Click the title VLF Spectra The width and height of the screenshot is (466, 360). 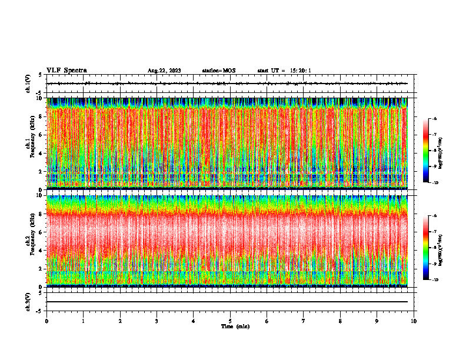tap(66, 70)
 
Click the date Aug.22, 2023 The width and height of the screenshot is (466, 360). tap(164, 71)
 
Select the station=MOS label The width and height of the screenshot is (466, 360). tap(218, 71)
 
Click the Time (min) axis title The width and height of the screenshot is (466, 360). tap(235, 326)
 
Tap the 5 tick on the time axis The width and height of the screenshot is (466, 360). tap(230, 321)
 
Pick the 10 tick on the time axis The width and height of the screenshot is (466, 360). tap(414, 321)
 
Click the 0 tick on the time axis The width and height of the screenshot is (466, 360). tap(46, 321)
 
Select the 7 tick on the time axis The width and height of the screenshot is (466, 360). tap(304, 321)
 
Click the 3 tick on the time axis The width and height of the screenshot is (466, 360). tap(157, 321)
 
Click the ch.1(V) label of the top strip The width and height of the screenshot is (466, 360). tap(28, 84)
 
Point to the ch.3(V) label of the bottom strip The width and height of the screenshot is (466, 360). tap(28, 301)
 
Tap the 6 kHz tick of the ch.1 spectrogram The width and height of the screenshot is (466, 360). tap(40, 135)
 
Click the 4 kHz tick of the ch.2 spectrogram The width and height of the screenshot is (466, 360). tap(40, 250)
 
